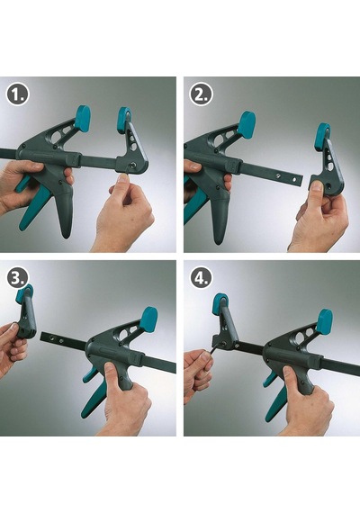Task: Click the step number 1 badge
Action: point(17,94)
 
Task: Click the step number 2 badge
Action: point(202,94)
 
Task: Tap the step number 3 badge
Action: point(17,277)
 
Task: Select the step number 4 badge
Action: point(201,277)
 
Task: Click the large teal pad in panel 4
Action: point(325,322)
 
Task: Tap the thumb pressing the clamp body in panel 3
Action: point(112,373)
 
